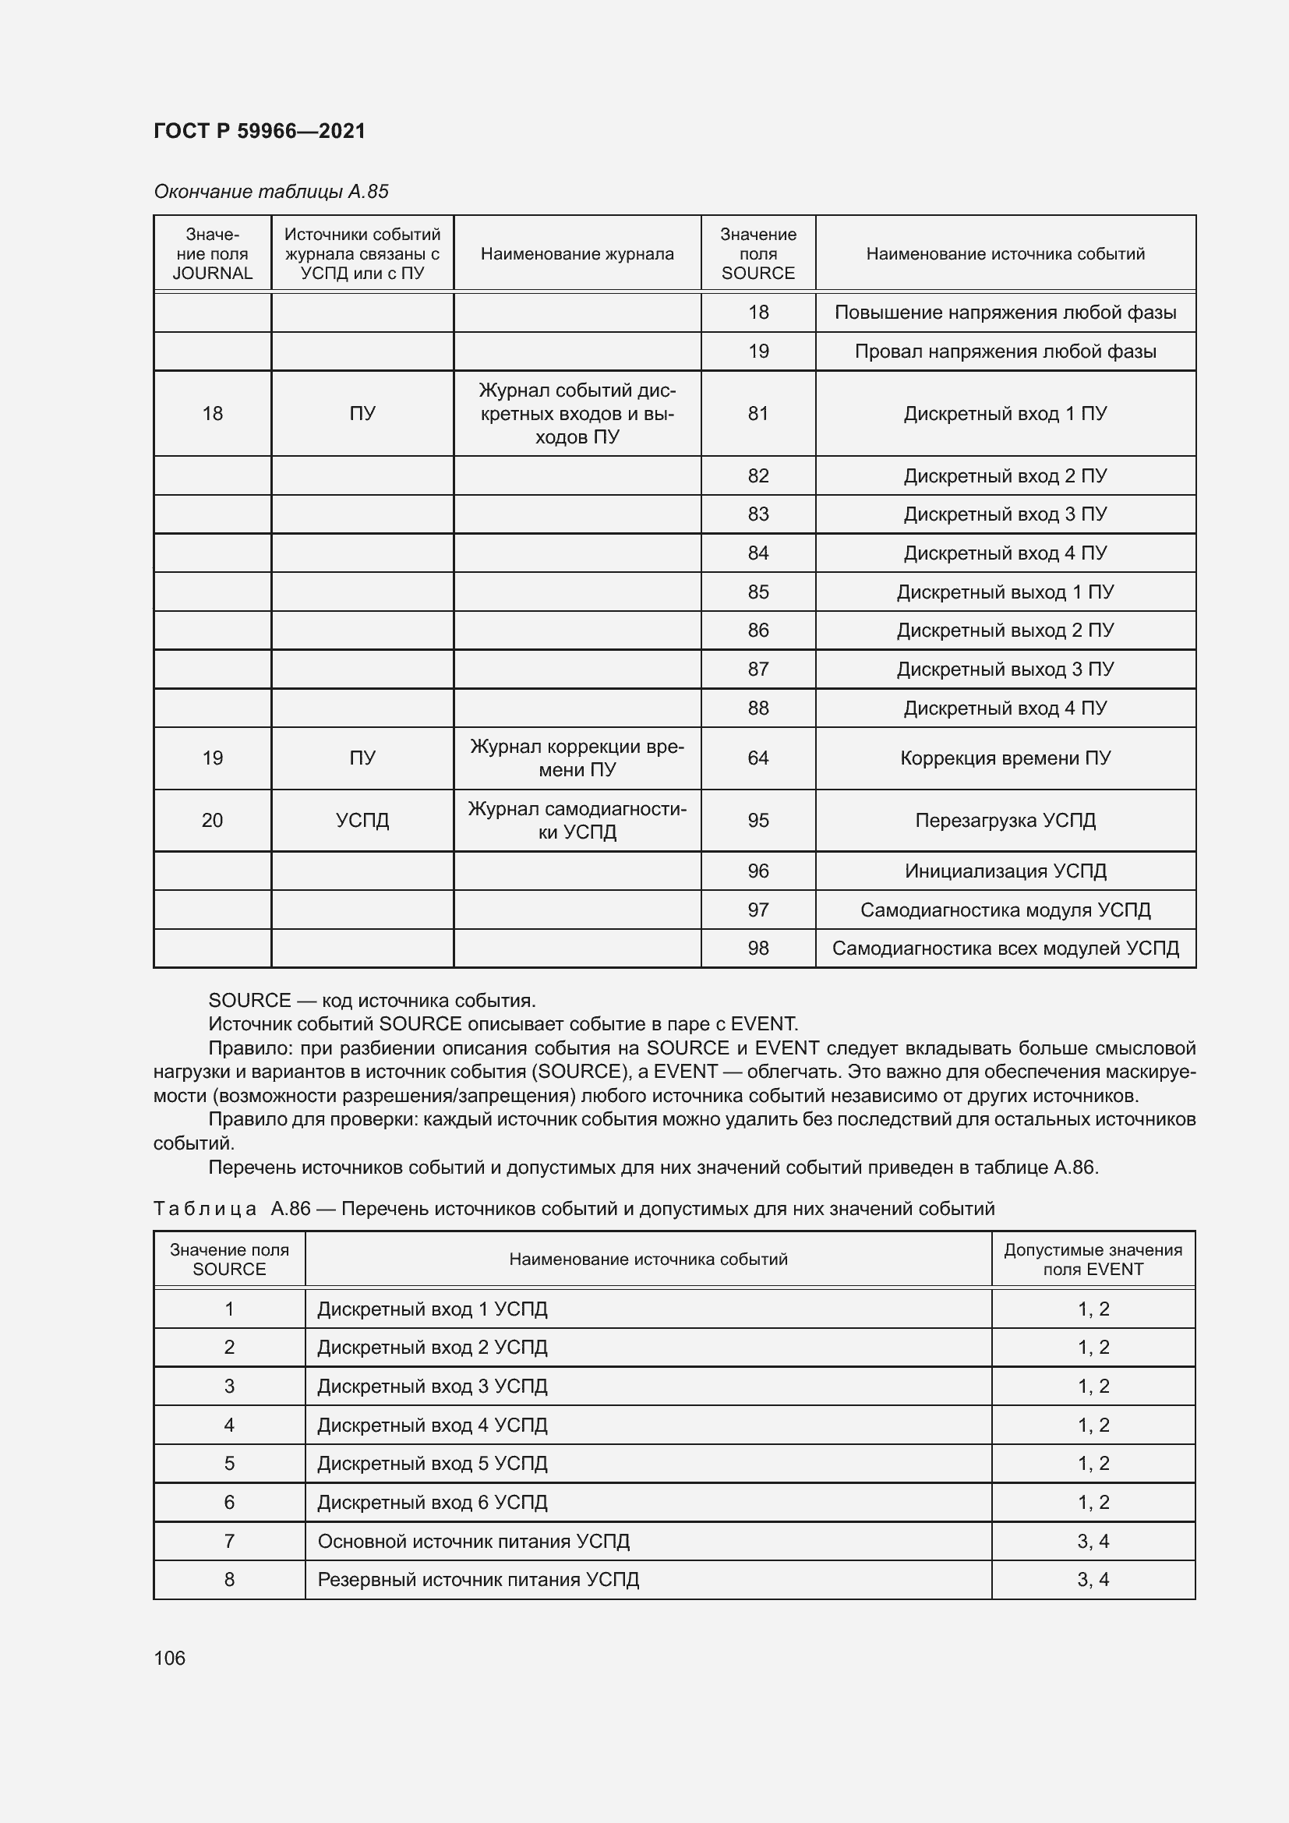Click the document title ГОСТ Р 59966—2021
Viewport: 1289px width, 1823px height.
coord(260,131)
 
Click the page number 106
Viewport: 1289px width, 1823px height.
coord(169,1658)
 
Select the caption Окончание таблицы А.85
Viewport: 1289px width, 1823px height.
coord(270,192)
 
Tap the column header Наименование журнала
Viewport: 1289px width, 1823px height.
coord(577,254)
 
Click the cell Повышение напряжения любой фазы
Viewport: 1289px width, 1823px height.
coord(1005,313)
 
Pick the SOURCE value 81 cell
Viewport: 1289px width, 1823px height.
coord(758,414)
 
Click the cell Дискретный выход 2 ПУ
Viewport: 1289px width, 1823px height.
coord(1005,631)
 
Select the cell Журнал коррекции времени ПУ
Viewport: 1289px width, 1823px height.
coord(577,758)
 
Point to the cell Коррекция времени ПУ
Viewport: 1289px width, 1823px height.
coord(1005,758)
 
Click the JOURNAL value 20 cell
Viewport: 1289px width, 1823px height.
coord(212,820)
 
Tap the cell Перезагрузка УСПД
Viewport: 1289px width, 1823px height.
coord(1005,820)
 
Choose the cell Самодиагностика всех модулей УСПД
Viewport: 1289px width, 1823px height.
coord(1005,948)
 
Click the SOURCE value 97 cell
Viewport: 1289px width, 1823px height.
coord(758,910)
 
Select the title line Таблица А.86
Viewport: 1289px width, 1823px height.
coord(573,1210)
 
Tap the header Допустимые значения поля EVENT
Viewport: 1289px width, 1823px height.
coord(1093,1259)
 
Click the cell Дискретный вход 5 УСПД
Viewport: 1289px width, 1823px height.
coord(433,1464)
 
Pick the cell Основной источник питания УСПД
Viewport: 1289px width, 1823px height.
coord(473,1541)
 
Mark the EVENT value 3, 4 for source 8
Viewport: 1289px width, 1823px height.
coord(1093,1579)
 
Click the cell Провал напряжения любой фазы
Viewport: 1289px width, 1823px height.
coord(1005,352)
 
